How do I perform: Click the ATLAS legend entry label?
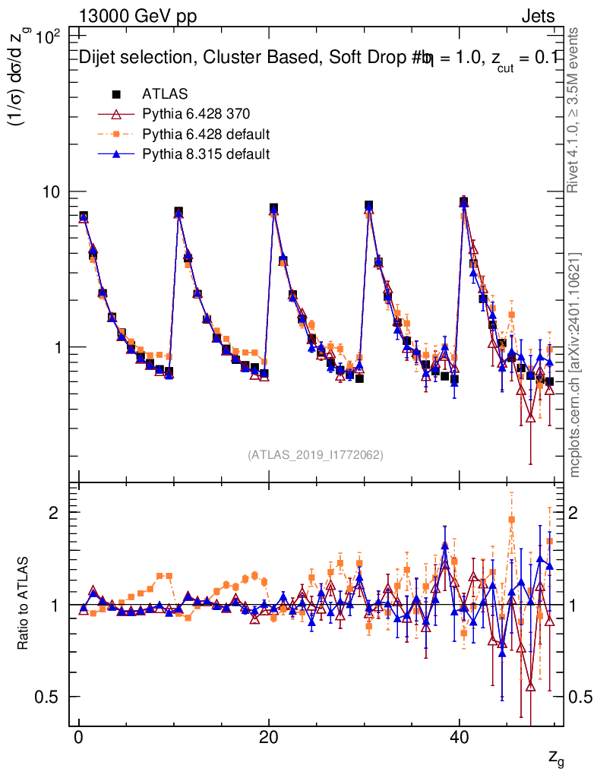(x=165, y=94)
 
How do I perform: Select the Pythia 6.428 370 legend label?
(x=196, y=115)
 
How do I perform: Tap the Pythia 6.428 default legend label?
(x=206, y=134)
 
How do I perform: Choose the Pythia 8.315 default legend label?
(x=206, y=154)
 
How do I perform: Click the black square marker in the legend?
(x=116, y=94)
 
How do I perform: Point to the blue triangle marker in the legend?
(x=116, y=154)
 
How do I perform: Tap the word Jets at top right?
(x=537, y=17)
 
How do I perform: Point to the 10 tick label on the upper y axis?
(x=50, y=192)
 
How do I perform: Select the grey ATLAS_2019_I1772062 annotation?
(x=315, y=455)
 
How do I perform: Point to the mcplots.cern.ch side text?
(x=575, y=365)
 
